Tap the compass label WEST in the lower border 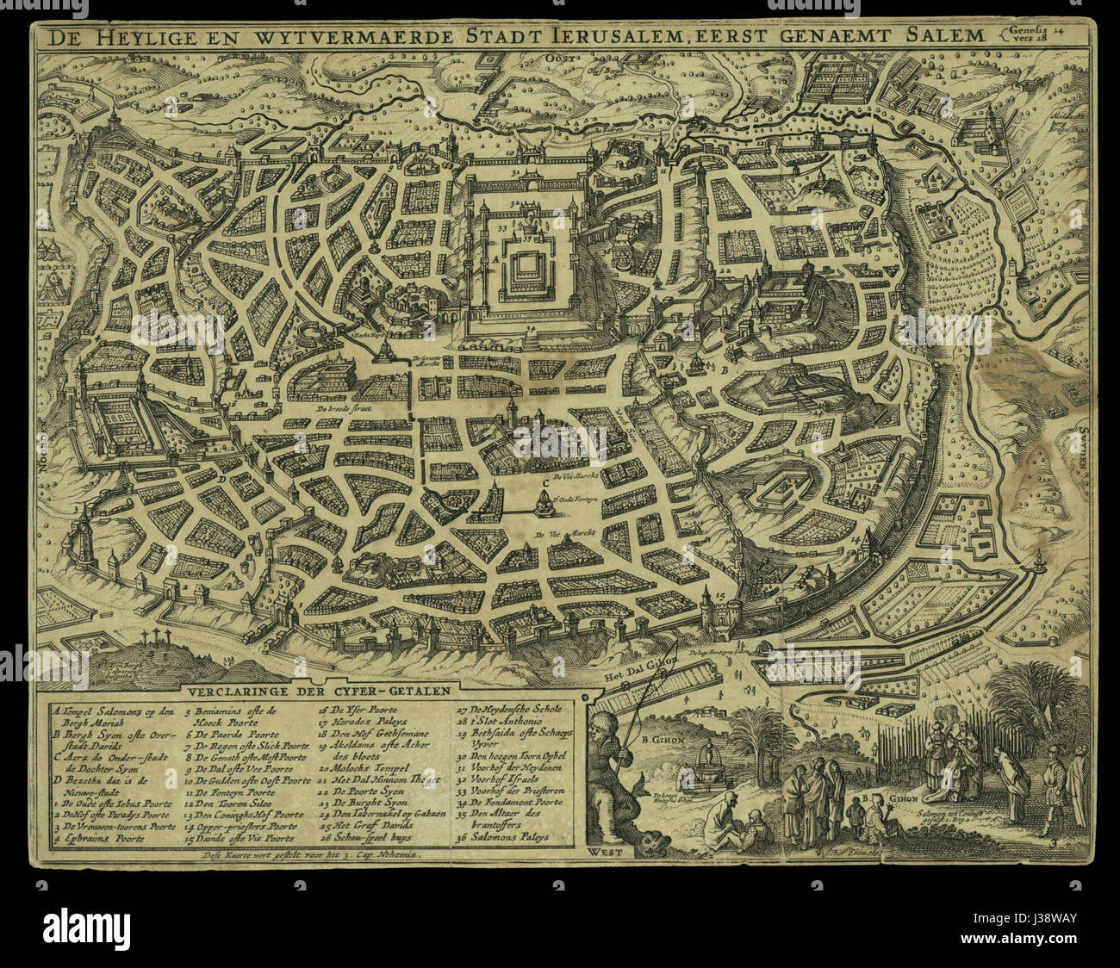pos(604,854)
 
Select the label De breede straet pos(342,411)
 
